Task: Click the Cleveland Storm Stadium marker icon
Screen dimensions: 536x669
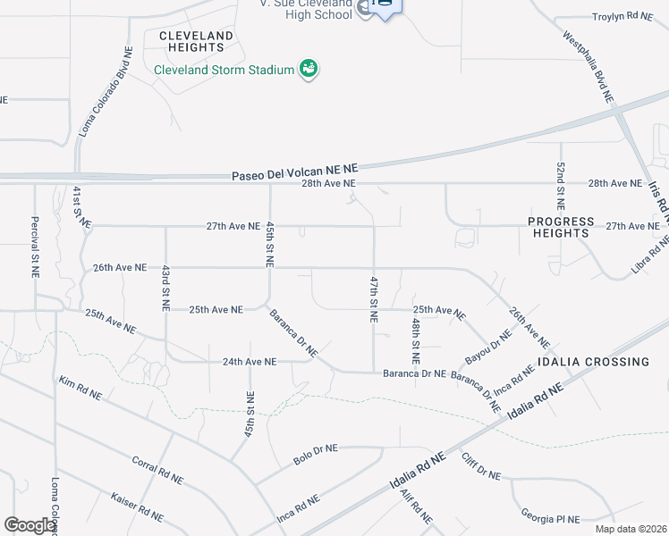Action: point(309,69)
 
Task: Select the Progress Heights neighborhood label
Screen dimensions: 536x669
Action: point(561,227)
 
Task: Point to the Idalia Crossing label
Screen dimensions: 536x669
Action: point(593,362)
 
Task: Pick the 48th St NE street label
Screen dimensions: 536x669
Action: point(416,339)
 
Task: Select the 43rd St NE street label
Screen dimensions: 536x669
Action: point(165,288)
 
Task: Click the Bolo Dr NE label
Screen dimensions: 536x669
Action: point(316,454)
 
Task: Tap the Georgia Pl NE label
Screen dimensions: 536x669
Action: point(551,516)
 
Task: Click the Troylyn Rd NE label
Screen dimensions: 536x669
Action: point(624,17)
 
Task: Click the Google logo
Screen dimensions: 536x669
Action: point(30,525)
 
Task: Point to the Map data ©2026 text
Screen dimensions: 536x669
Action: point(630,529)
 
